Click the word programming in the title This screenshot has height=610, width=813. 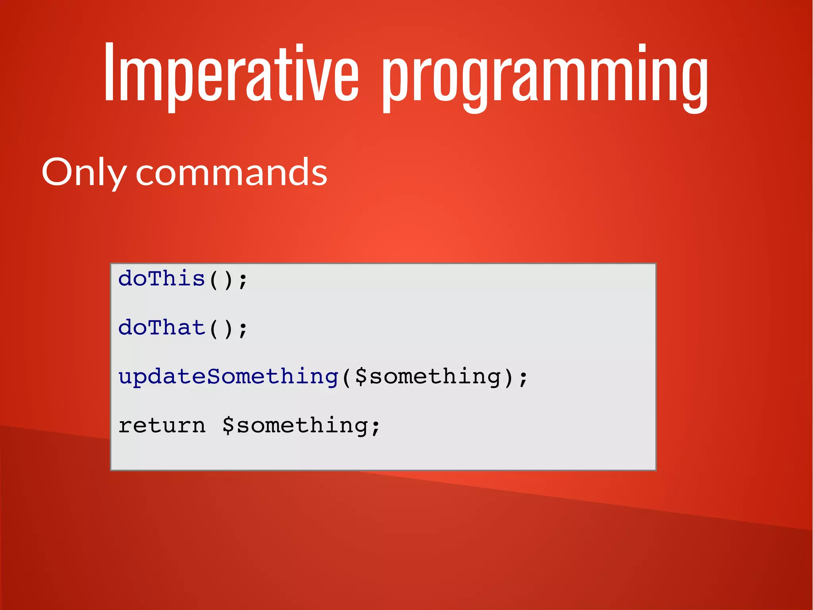pos(545,77)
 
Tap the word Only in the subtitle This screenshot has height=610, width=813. pos(84,172)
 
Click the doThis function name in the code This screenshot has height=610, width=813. pos(162,279)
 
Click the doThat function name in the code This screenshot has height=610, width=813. pos(162,328)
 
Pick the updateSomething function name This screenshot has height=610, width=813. pos(228,376)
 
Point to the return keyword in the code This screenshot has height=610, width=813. pos(162,426)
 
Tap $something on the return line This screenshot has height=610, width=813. pos(295,426)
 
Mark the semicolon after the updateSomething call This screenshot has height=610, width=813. pos(523,378)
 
